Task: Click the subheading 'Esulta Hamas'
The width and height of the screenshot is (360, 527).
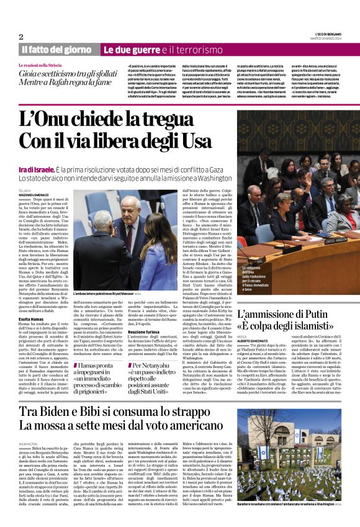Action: pyautogui.click(x=32, y=299)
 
